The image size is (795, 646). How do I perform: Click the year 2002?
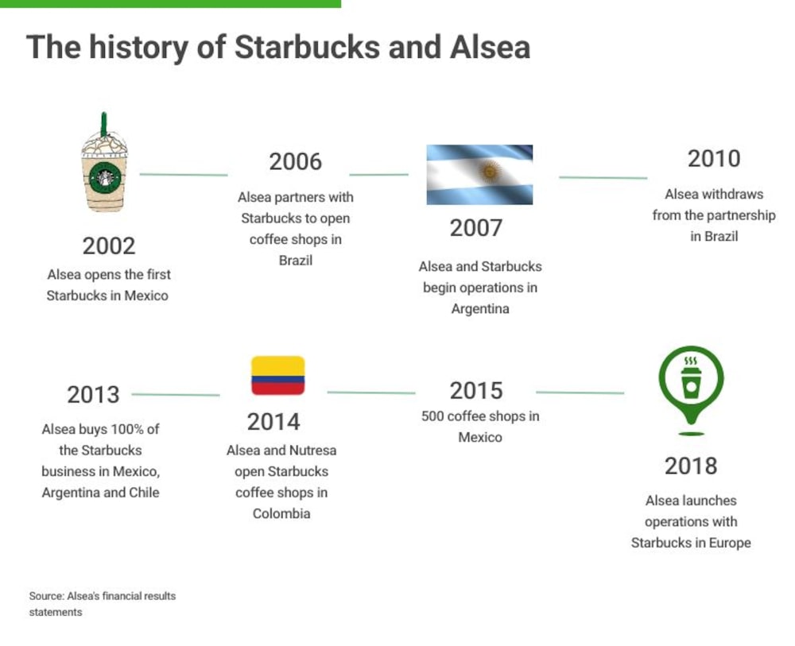click(x=108, y=246)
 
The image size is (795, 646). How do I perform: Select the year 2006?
click(x=295, y=162)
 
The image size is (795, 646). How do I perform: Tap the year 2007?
click(x=475, y=228)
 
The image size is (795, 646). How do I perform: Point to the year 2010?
click(x=714, y=159)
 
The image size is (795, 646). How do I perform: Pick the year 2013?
click(x=93, y=395)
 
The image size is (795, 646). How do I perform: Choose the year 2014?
click(x=273, y=422)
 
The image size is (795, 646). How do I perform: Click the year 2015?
click(x=476, y=391)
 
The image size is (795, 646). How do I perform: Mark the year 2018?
click(x=691, y=466)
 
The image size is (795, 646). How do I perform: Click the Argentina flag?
click(x=479, y=175)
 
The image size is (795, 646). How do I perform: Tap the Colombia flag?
click(x=277, y=375)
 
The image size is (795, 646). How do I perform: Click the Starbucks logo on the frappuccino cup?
click(x=105, y=178)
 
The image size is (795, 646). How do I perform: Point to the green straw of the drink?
click(x=104, y=124)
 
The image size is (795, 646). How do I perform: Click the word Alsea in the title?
click(x=490, y=47)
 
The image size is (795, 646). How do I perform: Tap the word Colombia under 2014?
click(x=281, y=514)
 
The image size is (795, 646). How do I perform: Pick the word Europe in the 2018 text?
click(x=730, y=543)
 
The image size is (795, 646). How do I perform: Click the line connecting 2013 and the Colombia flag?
click(x=176, y=395)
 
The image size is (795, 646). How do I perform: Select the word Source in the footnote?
click(x=47, y=596)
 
